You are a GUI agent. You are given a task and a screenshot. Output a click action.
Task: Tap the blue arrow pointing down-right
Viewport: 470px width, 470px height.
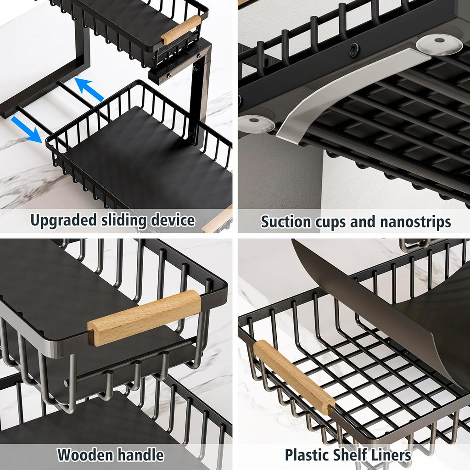pyautogui.click(x=27, y=129)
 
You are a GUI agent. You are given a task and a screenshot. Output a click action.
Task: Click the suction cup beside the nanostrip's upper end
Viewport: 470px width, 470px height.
pyautogui.click(x=438, y=44)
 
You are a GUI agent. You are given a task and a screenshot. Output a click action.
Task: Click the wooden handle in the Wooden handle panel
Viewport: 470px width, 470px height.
pyautogui.click(x=145, y=317)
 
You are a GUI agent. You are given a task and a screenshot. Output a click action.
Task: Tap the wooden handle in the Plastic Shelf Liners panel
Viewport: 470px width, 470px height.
pyautogui.click(x=294, y=377)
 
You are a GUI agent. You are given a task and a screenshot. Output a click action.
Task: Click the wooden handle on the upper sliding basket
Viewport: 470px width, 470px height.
pyautogui.click(x=181, y=29)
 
